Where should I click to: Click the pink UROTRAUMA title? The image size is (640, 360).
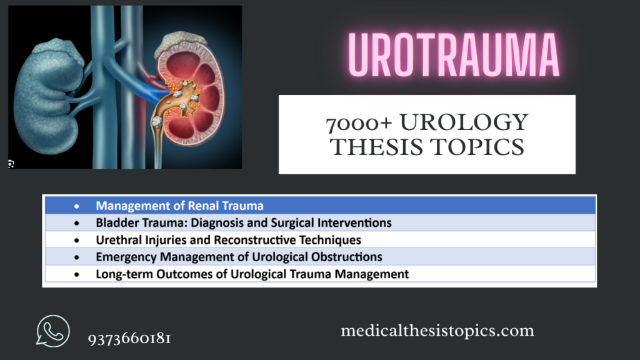[x=454, y=55]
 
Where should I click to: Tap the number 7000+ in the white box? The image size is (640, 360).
[x=358, y=123]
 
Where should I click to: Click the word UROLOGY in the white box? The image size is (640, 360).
[x=464, y=122]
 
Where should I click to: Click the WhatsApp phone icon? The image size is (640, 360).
[x=52, y=331]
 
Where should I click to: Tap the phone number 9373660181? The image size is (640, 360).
[x=129, y=338]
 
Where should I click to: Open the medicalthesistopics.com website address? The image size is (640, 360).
[x=437, y=330]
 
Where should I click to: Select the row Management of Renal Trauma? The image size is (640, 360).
[x=320, y=205]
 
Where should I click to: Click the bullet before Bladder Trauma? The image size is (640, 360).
[x=77, y=223]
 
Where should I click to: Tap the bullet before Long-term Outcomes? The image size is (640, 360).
[x=77, y=275]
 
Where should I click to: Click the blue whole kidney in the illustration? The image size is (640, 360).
[x=47, y=96]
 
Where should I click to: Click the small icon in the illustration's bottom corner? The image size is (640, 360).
[x=11, y=164]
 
